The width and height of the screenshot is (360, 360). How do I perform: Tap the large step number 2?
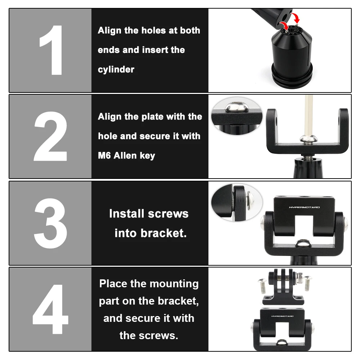tap(50, 136)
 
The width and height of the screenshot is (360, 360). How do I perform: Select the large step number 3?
tap(50, 223)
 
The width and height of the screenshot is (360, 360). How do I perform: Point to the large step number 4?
tap(50, 309)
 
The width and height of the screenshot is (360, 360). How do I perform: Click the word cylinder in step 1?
tap(116, 69)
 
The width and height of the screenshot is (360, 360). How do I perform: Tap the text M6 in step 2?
tap(104, 156)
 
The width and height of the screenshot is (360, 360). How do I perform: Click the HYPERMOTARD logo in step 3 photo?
tap(304, 207)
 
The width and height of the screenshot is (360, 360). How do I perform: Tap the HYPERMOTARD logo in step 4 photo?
tap(282, 316)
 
